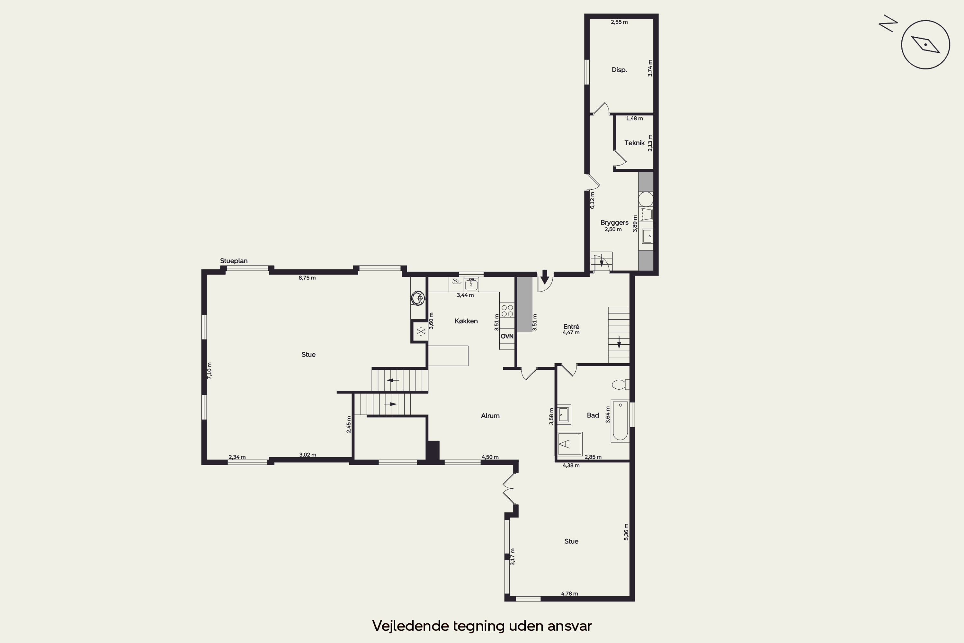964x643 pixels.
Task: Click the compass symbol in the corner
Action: (x=925, y=44)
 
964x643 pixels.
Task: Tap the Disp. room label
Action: (x=619, y=70)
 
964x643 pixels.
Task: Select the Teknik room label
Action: (x=634, y=143)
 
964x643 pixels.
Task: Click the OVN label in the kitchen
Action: (x=507, y=336)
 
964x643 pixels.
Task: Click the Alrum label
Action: (x=490, y=416)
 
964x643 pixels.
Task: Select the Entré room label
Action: (x=571, y=326)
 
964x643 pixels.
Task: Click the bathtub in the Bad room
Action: (x=620, y=421)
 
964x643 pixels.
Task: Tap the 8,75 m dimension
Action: (x=307, y=278)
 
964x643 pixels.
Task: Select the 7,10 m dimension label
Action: (x=210, y=370)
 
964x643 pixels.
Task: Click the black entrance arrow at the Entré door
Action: (x=545, y=277)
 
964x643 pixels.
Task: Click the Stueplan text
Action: (x=234, y=261)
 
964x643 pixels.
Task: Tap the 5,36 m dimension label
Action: (x=626, y=532)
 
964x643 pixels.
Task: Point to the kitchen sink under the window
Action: (x=471, y=284)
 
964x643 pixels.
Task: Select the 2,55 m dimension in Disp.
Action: (x=619, y=22)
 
